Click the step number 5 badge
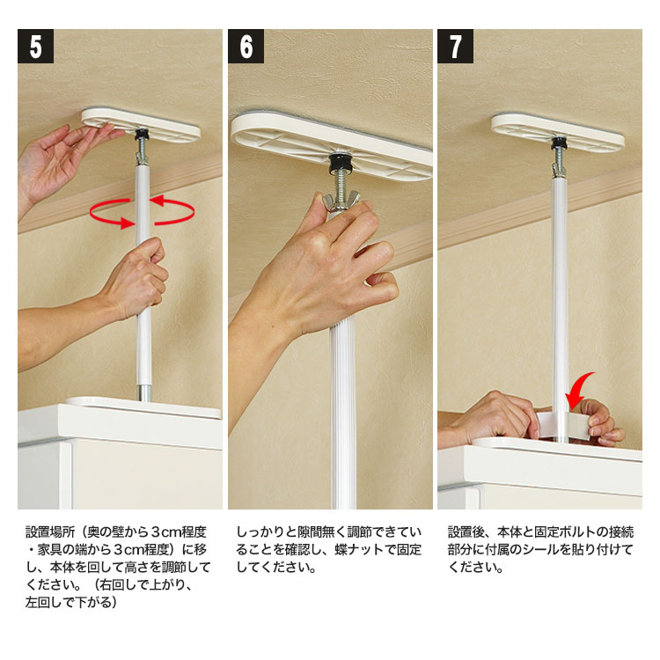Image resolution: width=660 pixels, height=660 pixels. click(x=35, y=46)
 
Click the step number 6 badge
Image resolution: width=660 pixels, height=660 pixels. click(x=246, y=46)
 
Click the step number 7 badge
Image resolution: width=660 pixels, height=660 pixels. click(x=456, y=46)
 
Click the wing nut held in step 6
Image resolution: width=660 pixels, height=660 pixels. click(x=341, y=201)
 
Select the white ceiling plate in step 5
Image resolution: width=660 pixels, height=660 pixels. click(x=141, y=125)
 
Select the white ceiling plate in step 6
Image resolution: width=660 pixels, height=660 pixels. click(x=332, y=145)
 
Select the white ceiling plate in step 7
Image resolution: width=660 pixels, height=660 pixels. click(x=558, y=131)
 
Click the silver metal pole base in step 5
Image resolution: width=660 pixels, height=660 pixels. click(x=144, y=392)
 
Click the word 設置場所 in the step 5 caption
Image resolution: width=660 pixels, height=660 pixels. click(x=50, y=532)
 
